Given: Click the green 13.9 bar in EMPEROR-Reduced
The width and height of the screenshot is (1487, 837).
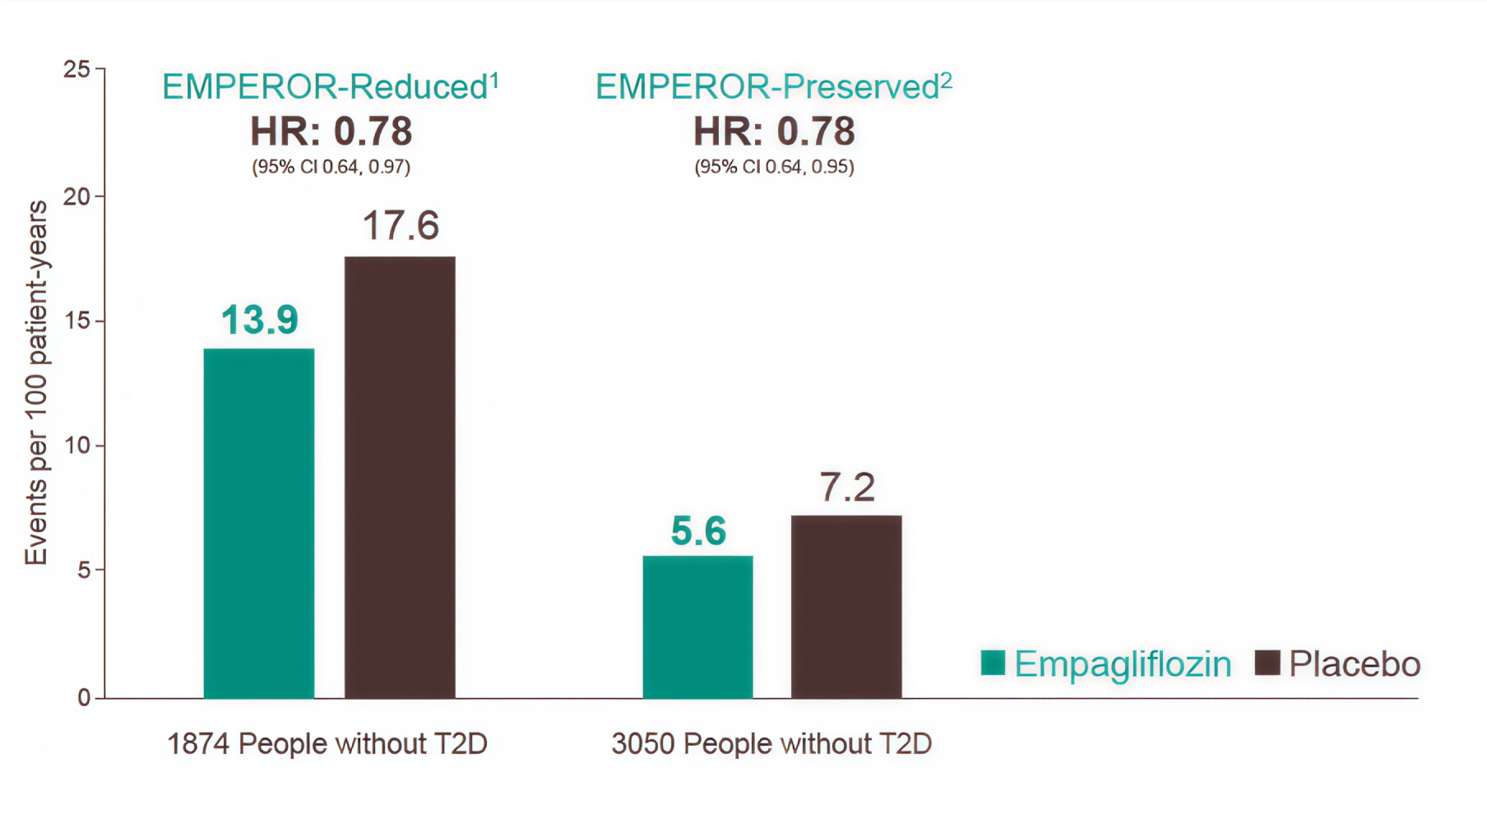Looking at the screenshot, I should coord(259,523).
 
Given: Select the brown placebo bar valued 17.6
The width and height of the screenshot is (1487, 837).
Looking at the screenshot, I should coord(400,477).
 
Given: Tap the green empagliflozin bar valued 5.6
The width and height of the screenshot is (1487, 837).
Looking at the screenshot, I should coord(697,627).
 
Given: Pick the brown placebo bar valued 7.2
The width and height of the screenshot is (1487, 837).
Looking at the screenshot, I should coord(846,607).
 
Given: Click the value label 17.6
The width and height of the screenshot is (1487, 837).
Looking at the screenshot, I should coord(401,226).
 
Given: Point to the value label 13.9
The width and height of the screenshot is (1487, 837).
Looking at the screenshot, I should coord(259,320).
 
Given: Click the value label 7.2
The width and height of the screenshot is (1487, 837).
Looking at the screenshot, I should coord(847,488).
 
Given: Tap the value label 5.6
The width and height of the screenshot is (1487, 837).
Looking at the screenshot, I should coord(698,531).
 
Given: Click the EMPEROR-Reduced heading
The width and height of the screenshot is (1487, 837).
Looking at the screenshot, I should coord(330,87).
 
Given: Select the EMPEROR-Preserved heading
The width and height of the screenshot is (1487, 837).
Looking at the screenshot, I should coord(773,87).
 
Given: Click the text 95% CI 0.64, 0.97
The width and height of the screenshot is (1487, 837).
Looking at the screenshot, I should coord(331,167).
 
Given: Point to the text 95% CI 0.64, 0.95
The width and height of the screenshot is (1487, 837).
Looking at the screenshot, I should coord(774,167).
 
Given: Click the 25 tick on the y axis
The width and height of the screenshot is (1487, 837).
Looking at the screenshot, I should coord(77,70).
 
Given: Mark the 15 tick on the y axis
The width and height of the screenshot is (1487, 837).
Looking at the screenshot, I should coord(77,321).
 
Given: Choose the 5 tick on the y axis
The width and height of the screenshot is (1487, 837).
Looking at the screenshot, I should coord(83,570).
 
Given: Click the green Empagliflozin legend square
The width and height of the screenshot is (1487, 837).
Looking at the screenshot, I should coord(993,663).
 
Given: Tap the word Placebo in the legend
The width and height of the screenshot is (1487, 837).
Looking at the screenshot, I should coord(1354,664).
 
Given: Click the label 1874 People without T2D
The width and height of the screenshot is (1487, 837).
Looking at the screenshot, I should coord(327,744).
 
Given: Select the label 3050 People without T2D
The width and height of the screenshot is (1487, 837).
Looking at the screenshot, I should coord(771,744).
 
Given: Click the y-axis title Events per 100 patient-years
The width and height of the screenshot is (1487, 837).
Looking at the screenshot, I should coord(36,383).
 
